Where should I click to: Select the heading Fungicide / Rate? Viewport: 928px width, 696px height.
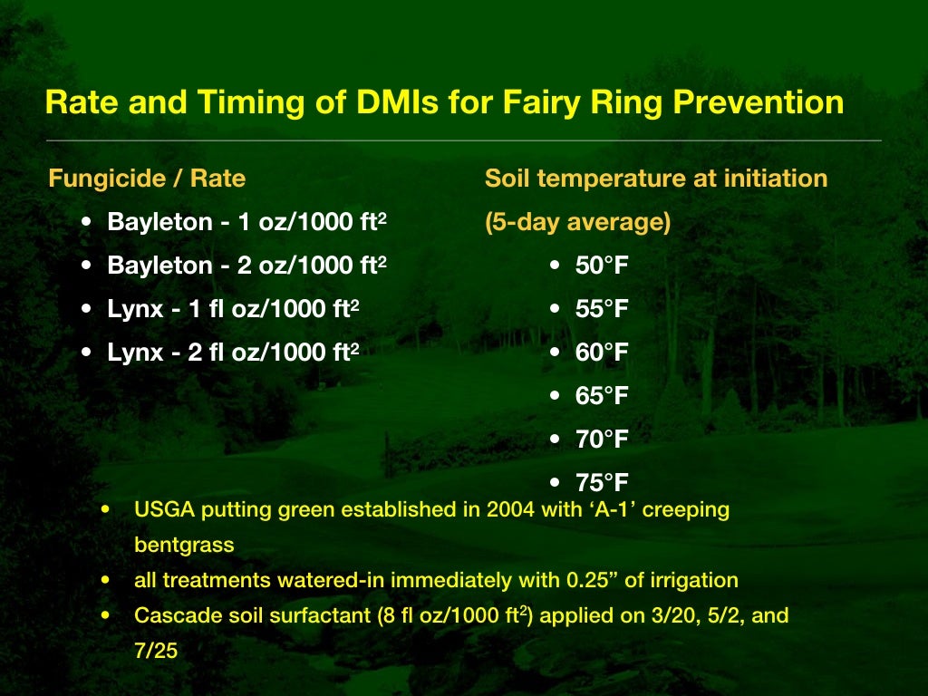[x=147, y=179]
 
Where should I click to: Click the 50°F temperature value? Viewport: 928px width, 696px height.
[x=602, y=266]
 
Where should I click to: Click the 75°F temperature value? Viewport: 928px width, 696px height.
[x=602, y=483]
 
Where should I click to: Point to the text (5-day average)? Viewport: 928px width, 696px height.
[x=577, y=223]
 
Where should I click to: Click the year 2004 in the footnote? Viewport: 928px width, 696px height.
[x=486, y=509]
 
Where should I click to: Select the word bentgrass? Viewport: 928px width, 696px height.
[x=184, y=546]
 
